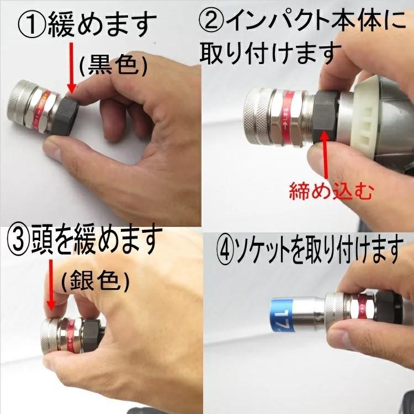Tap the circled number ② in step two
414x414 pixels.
(x=211, y=23)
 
